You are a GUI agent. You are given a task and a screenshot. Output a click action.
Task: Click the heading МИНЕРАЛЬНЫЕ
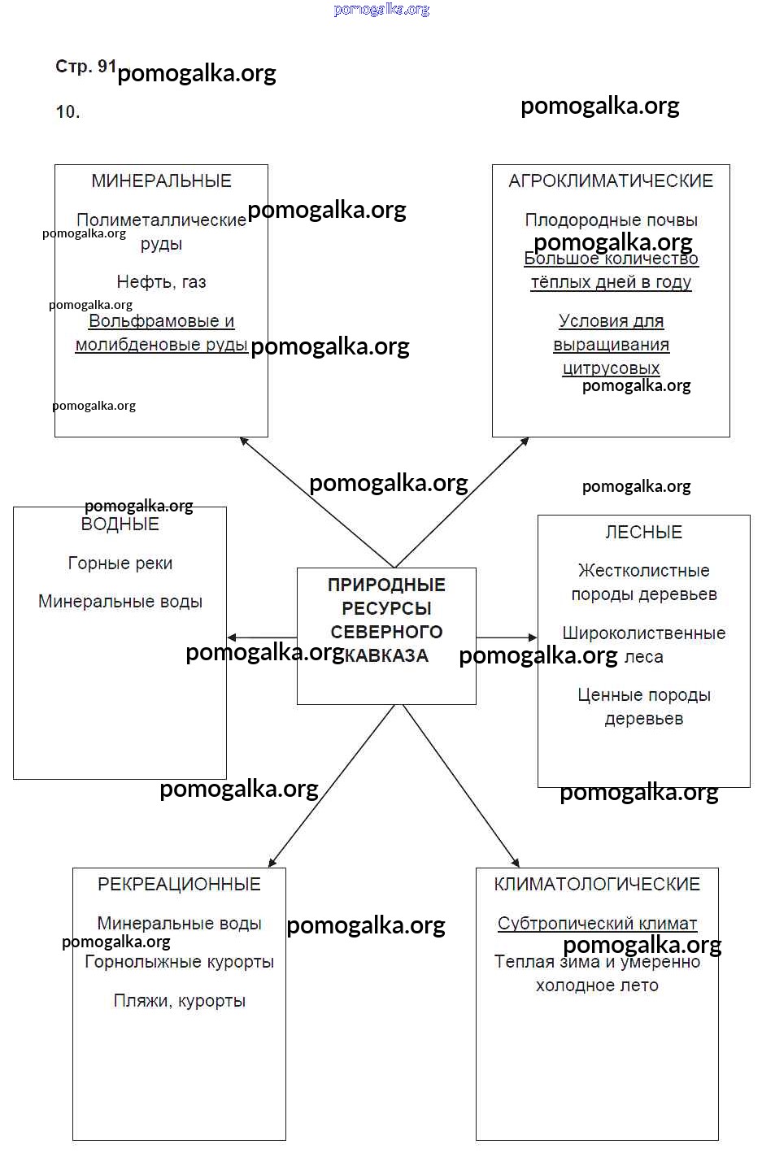(161, 181)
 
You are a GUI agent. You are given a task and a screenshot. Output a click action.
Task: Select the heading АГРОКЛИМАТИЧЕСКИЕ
(611, 181)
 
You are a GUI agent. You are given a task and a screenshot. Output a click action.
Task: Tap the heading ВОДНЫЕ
(120, 524)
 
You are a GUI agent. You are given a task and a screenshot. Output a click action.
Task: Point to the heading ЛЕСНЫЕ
(643, 533)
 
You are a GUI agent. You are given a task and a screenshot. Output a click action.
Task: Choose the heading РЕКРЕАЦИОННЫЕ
(179, 885)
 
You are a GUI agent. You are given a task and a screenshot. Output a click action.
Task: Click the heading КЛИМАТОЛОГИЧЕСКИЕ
(597, 885)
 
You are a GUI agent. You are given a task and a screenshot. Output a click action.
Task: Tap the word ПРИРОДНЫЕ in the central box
(386, 585)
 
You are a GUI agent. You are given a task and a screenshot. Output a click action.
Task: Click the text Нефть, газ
(161, 282)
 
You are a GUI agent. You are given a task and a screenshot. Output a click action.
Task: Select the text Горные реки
(120, 563)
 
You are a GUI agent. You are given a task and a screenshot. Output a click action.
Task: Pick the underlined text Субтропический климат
(597, 924)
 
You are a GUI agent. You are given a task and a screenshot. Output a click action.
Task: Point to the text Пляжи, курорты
(179, 1001)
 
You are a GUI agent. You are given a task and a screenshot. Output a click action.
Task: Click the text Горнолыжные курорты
(179, 962)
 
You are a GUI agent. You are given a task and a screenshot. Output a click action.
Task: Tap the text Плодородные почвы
(611, 220)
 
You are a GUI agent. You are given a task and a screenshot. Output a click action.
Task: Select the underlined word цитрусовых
(611, 368)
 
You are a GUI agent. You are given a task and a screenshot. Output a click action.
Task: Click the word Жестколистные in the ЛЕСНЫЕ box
(643, 571)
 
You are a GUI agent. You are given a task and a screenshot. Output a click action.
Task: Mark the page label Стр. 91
(85, 67)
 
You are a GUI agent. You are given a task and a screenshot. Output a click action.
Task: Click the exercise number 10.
(67, 112)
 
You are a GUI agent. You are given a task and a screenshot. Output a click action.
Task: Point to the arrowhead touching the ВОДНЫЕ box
(232, 637)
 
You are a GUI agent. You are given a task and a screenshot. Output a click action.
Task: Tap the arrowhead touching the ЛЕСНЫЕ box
(533, 637)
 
